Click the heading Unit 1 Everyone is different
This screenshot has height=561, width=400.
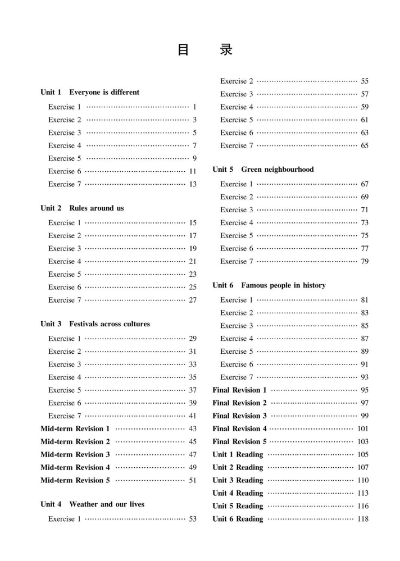click(x=90, y=92)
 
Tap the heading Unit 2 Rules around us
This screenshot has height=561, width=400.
click(x=82, y=208)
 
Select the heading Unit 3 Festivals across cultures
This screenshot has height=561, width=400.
click(x=95, y=324)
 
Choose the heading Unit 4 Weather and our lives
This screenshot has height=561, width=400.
click(x=92, y=504)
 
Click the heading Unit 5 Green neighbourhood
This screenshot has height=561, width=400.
click(x=263, y=170)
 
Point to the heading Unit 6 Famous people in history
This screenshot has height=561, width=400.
click(x=269, y=285)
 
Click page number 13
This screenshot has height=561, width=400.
click(x=193, y=184)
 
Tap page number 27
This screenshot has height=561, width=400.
click(x=193, y=300)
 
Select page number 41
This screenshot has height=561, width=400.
click(x=193, y=416)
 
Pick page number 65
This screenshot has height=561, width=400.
click(x=365, y=145)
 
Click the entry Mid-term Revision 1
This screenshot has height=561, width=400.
click(x=75, y=429)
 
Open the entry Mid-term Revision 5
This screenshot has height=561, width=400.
click(x=75, y=481)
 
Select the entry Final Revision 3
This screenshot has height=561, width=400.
click(x=239, y=416)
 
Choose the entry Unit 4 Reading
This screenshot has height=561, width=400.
click(x=238, y=494)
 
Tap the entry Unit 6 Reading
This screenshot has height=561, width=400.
click(x=238, y=519)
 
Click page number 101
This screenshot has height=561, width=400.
click(x=363, y=429)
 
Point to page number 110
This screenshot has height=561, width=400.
click(x=363, y=481)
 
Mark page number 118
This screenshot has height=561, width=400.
click(x=363, y=519)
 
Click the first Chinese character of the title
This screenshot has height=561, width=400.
click(x=184, y=50)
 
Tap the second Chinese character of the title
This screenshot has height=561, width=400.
click(x=226, y=50)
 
